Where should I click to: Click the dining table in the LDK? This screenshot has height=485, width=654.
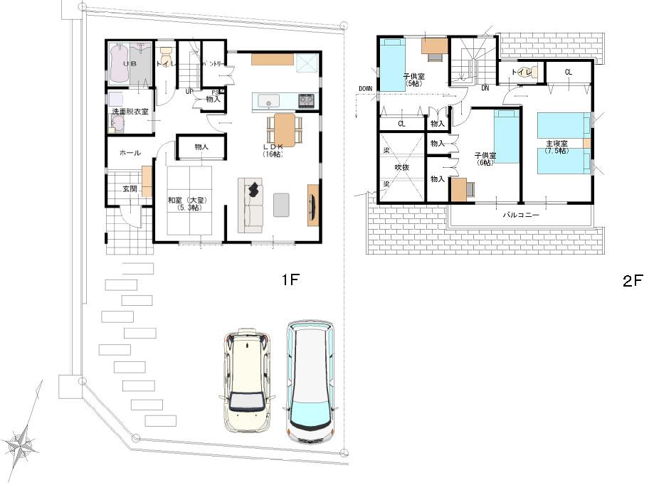point(284,130)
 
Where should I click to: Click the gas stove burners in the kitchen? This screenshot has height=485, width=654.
point(306,100)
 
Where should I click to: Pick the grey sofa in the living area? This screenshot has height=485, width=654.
point(250,206)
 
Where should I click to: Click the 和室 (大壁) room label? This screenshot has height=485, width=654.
point(184,204)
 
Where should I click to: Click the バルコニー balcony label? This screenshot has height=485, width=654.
point(520,214)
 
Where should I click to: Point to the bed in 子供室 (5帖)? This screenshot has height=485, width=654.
point(391,65)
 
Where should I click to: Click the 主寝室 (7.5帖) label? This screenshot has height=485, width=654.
point(557,147)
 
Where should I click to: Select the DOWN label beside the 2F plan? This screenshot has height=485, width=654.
point(366,89)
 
